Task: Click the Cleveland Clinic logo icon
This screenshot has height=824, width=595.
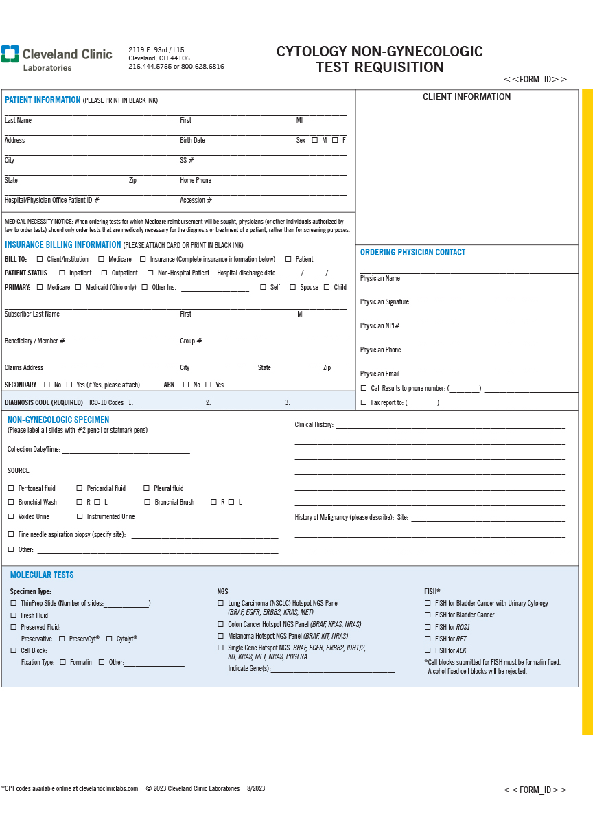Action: click(x=10, y=54)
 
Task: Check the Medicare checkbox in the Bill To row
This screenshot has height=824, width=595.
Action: click(x=102, y=259)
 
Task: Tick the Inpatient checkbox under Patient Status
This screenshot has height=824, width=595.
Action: click(x=62, y=273)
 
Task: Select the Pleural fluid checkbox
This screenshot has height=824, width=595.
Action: click(x=147, y=488)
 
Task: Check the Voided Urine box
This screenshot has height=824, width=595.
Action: click(x=11, y=516)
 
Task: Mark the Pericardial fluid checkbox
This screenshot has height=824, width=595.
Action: click(x=80, y=488)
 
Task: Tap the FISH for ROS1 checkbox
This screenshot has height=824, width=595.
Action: click(x=428, y=627)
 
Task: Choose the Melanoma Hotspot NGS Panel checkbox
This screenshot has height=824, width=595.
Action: click(x=220, y=636)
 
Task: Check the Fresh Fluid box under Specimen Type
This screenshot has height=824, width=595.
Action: click(x=14, y=615)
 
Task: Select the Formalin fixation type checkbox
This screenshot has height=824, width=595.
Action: click(x=62, y=662)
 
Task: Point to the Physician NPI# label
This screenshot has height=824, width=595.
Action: click(x=380, y=326)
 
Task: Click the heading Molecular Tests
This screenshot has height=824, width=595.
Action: click(x=42, y=575)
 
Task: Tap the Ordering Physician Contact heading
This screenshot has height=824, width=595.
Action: click(x=412, y=253)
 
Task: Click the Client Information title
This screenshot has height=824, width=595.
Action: click(x=467, y=97)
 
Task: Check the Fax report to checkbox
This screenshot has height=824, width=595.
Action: click(x=364, y=403)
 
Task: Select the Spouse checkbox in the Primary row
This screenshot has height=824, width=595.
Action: click(x=293, y=287)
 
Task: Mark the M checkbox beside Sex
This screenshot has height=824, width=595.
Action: click(x=315, y=140)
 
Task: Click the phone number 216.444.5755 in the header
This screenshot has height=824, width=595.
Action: click(x=150, y=67)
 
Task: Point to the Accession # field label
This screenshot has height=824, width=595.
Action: click(x=196, y=201)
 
